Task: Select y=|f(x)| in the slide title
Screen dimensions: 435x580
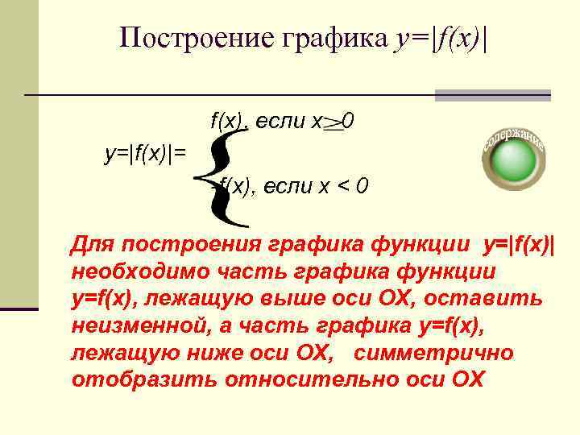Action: tap(442, 37)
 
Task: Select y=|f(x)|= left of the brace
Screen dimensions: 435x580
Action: tap(146, 151)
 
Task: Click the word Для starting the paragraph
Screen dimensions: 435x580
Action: tap(91, 244)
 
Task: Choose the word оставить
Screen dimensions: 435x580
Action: tap(494, 299)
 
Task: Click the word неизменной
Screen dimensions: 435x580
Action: tap(139, 326)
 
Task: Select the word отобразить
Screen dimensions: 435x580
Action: tap(132, 380)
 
